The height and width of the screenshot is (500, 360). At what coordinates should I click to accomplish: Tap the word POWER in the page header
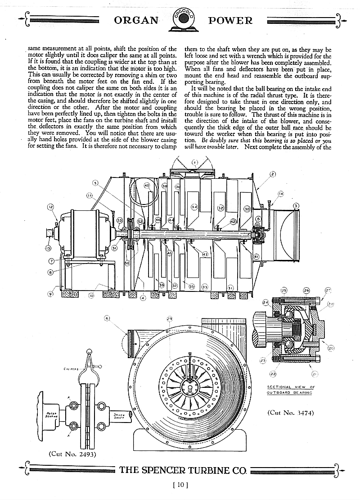click(x=230, y=21)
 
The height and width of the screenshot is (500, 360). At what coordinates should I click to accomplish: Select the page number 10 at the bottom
click(x=180, y=485)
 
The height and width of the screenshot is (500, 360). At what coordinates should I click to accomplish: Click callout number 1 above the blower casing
click(x=194, y=162)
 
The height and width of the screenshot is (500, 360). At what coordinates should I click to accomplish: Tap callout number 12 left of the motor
click(x=50, y=207)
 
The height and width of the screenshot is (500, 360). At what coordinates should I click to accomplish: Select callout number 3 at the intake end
click(x=296, y=206)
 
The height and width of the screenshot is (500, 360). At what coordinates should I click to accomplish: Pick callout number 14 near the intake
click(x=281, y=193)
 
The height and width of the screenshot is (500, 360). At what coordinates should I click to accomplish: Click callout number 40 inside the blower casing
click(x=147, y=186)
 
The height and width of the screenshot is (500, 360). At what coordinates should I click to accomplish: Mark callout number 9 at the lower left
click(x=51, y=294)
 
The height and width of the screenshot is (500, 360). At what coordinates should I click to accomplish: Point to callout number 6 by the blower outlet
click(x=107, y=318)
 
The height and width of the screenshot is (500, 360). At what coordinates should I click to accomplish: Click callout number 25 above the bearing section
click(x=284, y=291)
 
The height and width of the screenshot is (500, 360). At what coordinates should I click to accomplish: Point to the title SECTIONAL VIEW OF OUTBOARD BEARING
click(x=291, y=390)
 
